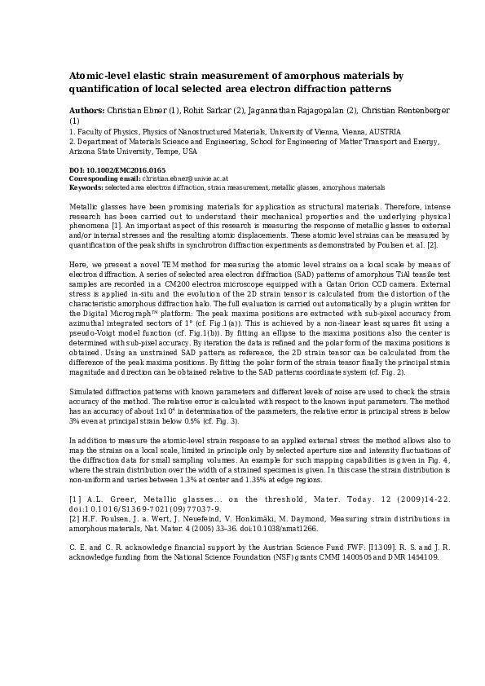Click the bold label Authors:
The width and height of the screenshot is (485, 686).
click(86, 110)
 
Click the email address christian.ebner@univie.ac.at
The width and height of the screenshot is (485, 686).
click(185, 178)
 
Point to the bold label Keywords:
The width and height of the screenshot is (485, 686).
click(86, 187)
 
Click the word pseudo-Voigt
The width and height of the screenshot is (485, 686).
click(95, 333)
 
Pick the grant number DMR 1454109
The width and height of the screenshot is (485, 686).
click(414, 558)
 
